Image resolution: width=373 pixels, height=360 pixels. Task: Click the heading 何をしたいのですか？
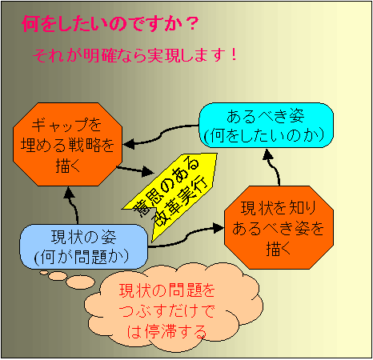[110, 24]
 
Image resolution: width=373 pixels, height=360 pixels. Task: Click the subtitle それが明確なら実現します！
[134, 55]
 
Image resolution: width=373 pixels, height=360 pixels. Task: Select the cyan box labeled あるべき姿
[266, 125]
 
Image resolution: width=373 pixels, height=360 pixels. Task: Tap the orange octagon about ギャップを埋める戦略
[68, 144]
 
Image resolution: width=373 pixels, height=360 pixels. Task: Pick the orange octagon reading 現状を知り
[279, 227]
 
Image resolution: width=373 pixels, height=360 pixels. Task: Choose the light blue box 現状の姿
[84, 246]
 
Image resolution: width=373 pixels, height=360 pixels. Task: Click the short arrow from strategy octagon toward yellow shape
[134, 170]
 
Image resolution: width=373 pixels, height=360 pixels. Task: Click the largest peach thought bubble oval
[80, 282]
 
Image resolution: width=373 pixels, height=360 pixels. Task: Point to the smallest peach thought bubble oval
[44, 273]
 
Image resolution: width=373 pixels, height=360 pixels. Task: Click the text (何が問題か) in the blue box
[82, 257]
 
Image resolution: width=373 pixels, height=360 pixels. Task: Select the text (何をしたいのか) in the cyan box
[264, 135]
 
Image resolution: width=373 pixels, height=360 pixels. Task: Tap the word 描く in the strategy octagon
[68, 166]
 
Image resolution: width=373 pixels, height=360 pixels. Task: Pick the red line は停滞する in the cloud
[167, 331]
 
